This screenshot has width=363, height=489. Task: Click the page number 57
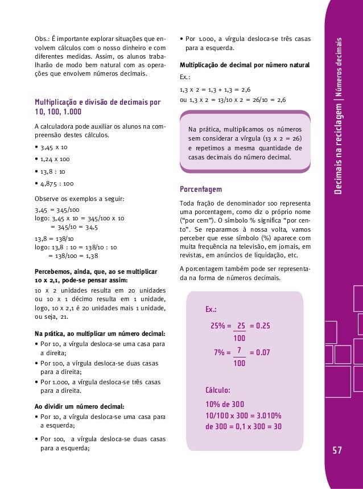pos(337,451)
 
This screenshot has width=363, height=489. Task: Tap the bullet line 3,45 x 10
pos(51,147)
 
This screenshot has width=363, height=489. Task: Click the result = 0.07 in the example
pos(259,352)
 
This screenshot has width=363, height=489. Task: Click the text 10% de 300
pos(224,404)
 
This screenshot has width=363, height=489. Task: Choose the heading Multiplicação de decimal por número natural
pos(244,65)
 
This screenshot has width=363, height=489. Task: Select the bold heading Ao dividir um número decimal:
pos(79,406)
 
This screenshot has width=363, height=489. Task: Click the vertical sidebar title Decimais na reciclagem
pos(339,142)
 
